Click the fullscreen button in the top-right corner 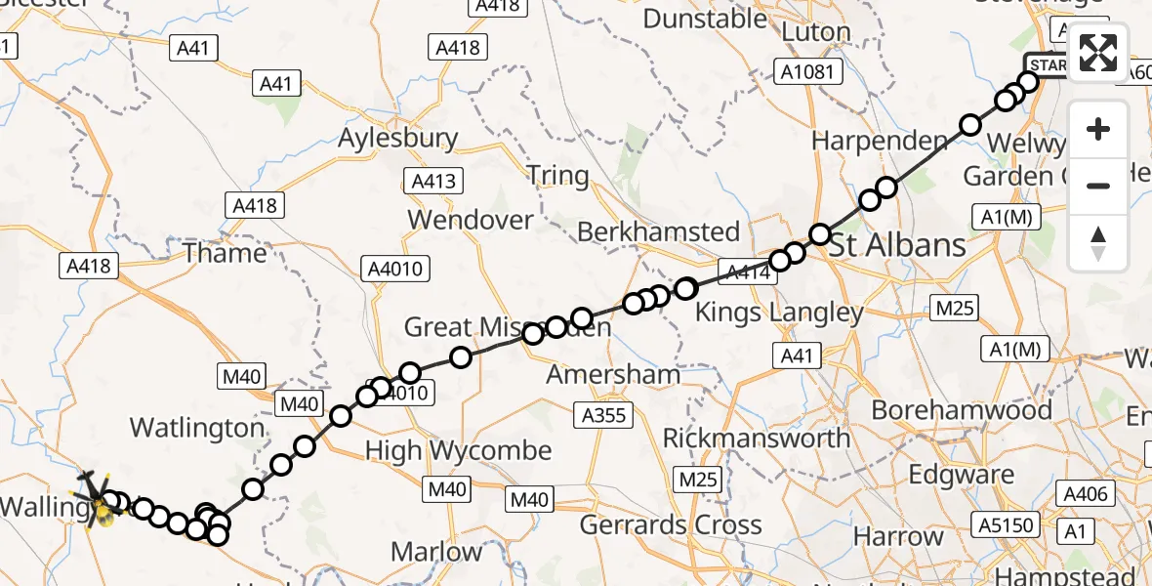(x=1098, y=53)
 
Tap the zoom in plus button (x=1098, y=130)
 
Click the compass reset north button (x=1098, y=243)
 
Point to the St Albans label (x=898, y=244)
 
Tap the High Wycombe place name (x=458, y=451)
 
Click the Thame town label (x=225, y=253)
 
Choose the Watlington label (x=197, y=428)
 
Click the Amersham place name (x=613, y=374)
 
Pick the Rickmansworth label (x=757, y=438)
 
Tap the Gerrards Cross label (x=671, y=524)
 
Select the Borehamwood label (x=962, y=408)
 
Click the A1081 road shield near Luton (x=806, y=70)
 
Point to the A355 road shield (x=603, y=415)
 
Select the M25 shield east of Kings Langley (x=954, y=309)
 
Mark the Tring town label (x=557, y=176)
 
